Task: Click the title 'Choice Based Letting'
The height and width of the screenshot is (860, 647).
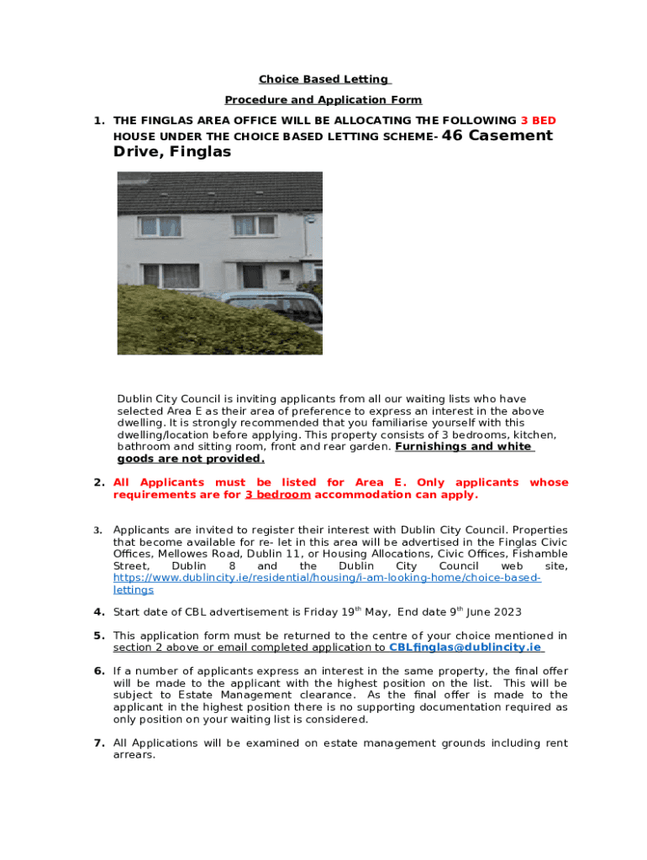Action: pos(323,80)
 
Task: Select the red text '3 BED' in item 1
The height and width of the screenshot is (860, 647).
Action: pos(538,121)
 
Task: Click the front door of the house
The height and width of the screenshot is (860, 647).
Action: pos(253,275)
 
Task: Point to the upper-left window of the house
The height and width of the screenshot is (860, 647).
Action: pos(160,226)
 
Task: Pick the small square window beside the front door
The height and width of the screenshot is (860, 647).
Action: pos(285,274)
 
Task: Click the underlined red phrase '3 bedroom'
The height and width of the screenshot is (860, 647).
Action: pos(277,495)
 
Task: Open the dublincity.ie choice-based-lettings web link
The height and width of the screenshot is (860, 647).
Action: pos(328,579)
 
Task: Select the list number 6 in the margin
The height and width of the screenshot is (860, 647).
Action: pos(99,671)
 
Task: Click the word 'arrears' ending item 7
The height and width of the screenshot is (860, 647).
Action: pos(134,755)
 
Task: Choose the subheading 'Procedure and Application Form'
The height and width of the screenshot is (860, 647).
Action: pos(323,100)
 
